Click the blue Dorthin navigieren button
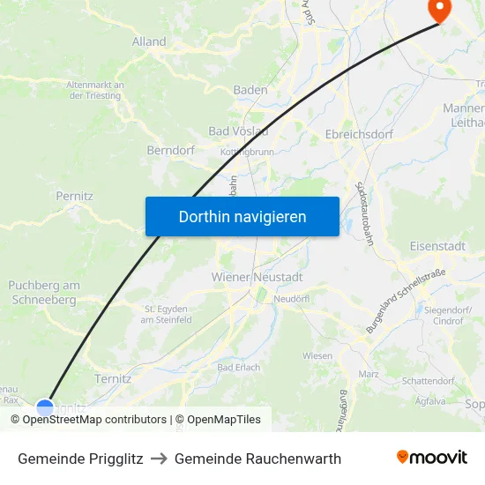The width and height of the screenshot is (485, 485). pyautogui.click(x=242, y=216)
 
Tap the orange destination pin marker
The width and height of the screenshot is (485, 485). pyautogui.click(x=438, y=9)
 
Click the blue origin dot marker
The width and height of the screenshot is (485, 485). pyautogui.click(x=45, y=407)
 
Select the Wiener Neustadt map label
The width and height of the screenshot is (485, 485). pyautogui.click(x=257, y=277)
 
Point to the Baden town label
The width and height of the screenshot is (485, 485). pyautogui.click(x=250, y=90)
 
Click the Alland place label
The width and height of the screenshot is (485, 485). pyautogui.click(x=148, y=41)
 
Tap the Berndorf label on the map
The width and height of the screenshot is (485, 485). pyautogui.click(x=170, y=151)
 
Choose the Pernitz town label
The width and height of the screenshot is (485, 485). pyautogui.click(x=74, y=196)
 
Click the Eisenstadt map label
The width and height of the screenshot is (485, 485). pyautogui.click(x=437, y=246)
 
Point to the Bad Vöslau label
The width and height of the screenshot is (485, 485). pyautogui.click(x=238, y=131)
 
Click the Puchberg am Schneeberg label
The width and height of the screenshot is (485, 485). pyautogui.click(x=44, y=292)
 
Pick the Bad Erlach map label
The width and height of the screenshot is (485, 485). pyautogui.click(x=238, y=367)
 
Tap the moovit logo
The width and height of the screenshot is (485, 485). pyautogui.click(x=432, y=457)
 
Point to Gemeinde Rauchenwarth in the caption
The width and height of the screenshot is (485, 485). pyautogui.click(x=257, y=459)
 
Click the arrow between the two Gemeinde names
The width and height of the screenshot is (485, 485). pyautogui.click(x=159, y=459)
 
